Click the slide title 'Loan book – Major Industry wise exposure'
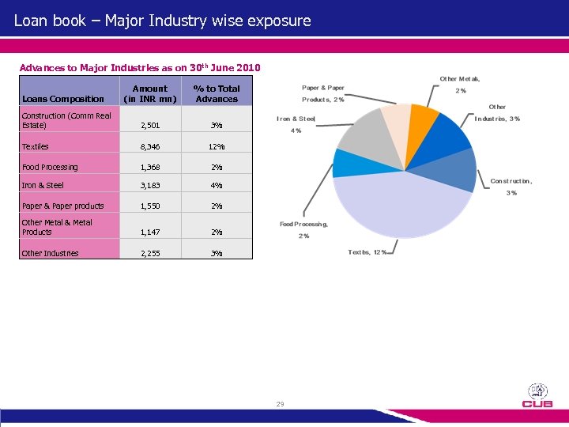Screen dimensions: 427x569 click(x=163, y=21)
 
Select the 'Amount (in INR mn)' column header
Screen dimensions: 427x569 click(x=150, y=93)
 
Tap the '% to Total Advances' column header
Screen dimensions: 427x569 click(x=217, y=93)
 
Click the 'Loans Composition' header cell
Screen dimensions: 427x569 click(x=63, y=99)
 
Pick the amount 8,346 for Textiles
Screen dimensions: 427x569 click(x=150, y=146)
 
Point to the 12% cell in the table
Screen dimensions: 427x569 click(x=217, y=146)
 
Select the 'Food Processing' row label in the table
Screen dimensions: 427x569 click(x=50, y=167)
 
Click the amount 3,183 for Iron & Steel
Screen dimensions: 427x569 click(x=150, y=186)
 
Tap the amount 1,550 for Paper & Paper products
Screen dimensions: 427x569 click(x=150, y=206)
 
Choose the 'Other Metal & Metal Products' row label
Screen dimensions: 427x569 click(x=57, y=228)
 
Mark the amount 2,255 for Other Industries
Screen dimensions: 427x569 click(x=150, y=254)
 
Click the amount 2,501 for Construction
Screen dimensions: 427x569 click(x=150, y=126)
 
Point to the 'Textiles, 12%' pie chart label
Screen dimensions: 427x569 click(x=367, y=252)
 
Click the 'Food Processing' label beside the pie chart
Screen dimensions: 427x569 click(x=303, y=225)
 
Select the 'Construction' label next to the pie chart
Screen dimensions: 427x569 click(x=511, y=181)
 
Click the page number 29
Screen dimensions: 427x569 click(x=280, y=404)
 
